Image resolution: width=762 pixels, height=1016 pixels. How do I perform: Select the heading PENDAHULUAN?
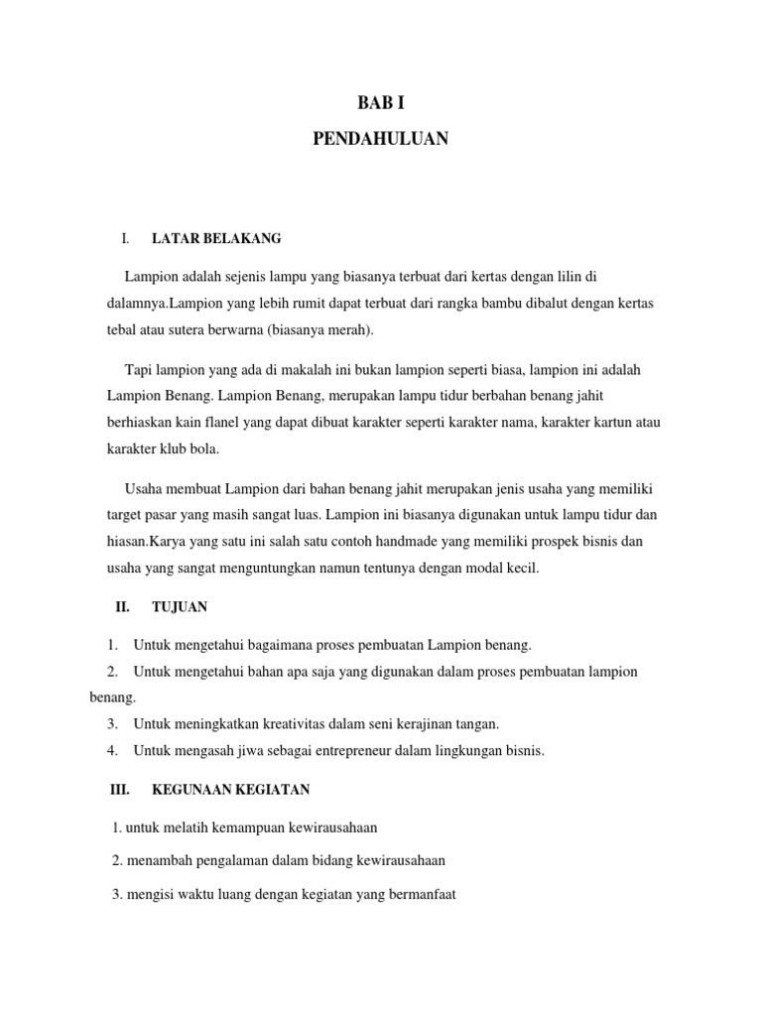click(381, 139)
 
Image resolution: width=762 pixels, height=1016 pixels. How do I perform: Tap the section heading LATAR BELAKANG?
click(216, 239)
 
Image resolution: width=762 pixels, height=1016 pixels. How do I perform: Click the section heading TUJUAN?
click(180, 606)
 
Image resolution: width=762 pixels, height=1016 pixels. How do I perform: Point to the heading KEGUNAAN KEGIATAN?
click(231, 790)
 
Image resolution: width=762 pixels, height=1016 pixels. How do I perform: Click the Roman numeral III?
click(119, 790)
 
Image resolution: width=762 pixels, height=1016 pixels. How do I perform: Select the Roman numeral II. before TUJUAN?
click(123, 606)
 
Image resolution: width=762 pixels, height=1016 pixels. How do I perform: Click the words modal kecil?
click(504, 569)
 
